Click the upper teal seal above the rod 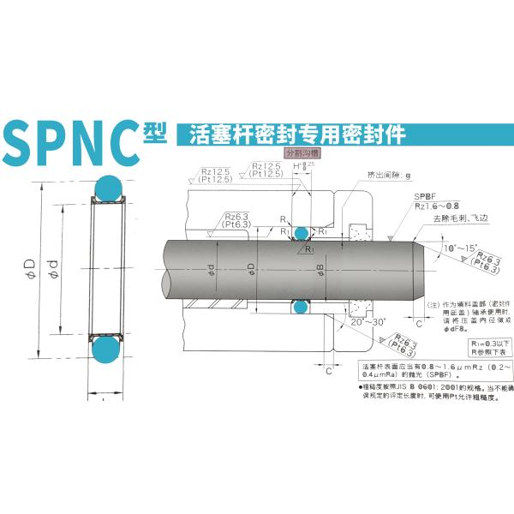tap(300, 232)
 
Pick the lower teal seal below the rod tap(300, 307)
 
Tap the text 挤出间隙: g tap(389, 175)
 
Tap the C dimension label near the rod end tap(441, 324)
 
